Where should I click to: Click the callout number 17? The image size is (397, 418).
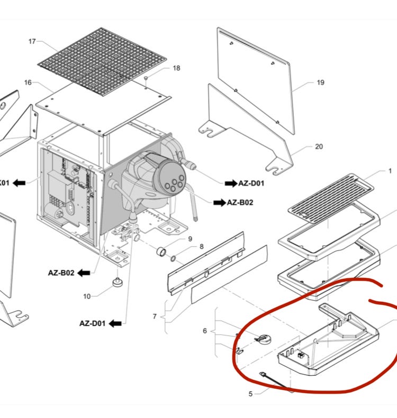[32, 41]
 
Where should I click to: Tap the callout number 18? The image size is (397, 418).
[176, 68]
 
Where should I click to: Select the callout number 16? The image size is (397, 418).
[28, 82]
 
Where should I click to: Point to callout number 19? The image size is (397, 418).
[321, 82]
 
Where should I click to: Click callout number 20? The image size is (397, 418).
[319, 146]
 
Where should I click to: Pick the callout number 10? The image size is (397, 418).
[87, 296]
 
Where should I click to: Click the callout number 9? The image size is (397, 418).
[190, 238]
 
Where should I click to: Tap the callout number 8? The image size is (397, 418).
[202, 247]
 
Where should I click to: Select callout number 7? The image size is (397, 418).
[155, 317]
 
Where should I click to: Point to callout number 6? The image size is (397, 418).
[205, 331]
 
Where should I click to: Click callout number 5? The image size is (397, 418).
[250, 394]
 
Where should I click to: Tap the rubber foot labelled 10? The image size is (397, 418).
[118, 282]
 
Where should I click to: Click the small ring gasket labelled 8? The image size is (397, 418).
[173, 258]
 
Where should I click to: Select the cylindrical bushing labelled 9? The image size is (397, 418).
[161, 252]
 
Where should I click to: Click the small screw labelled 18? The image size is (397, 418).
[146, 78]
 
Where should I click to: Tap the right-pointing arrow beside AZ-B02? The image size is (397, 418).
[220, 203]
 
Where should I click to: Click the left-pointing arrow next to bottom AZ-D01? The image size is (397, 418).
[115, 323]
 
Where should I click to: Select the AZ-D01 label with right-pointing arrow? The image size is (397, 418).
[245, 183]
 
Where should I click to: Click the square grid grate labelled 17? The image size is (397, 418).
[102, 62]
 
